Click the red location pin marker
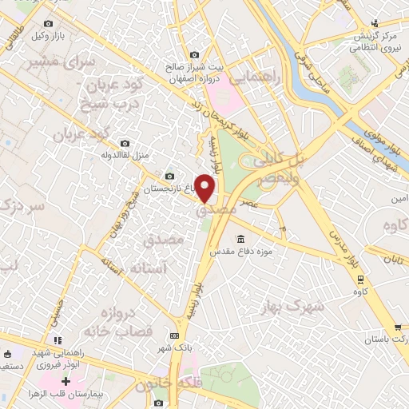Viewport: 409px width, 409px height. [205, 189]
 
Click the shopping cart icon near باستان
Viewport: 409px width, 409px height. [397, 328]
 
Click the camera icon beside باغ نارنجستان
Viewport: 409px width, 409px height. [169, 177]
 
